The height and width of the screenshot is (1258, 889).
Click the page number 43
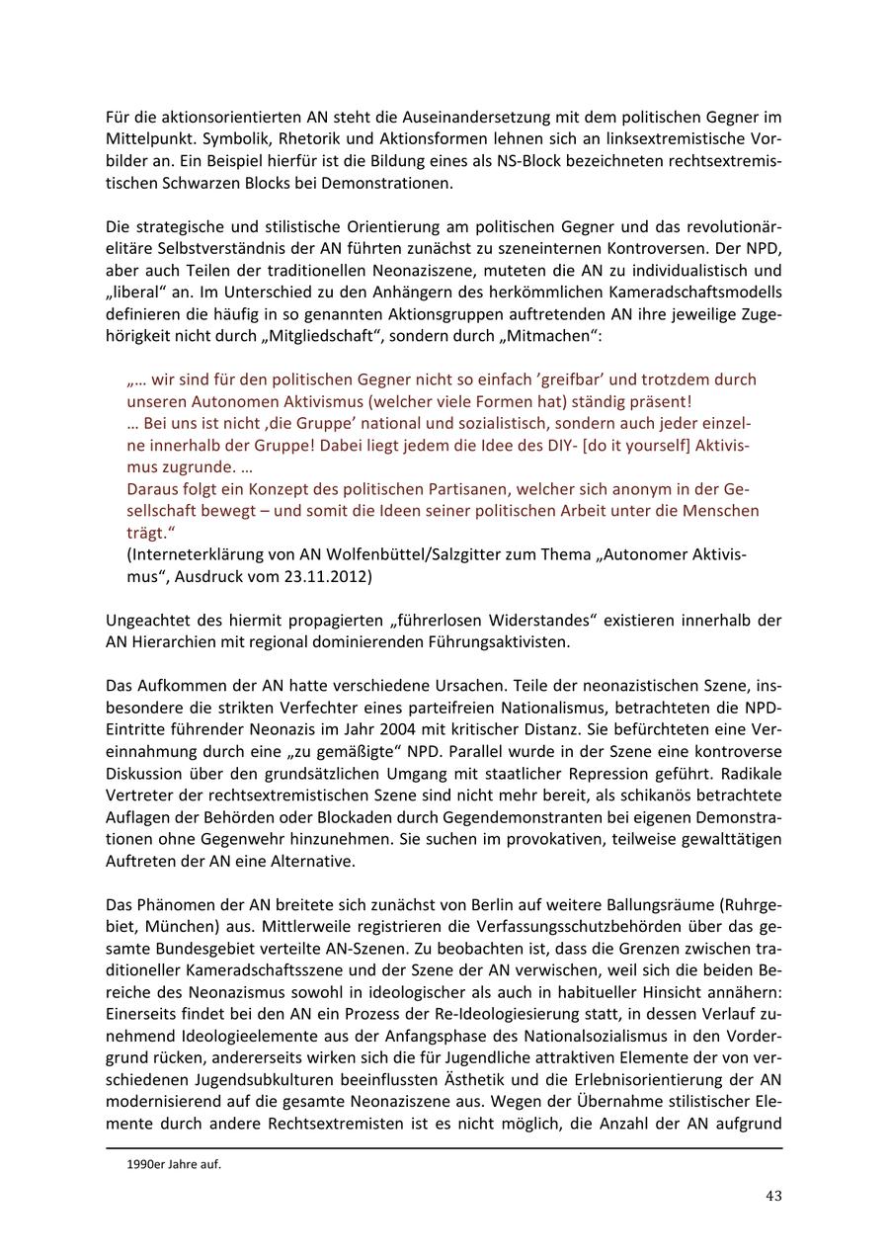(x=773, y=1196)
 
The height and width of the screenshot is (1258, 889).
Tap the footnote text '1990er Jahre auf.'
(x=174, y=1164)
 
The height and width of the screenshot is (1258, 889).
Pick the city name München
(x=160, y=927)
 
